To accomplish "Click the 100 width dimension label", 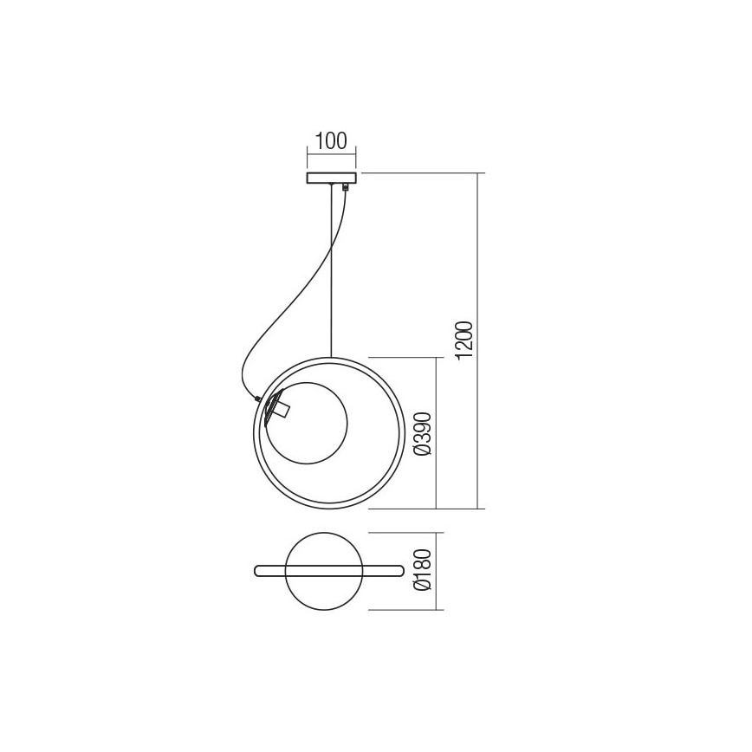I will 331,140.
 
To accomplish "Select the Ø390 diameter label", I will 422,432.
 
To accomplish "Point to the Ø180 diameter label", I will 422,571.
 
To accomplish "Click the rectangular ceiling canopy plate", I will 331,178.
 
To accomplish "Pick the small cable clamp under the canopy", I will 346,187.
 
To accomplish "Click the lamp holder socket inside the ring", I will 278,406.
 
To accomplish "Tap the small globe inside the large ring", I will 312,425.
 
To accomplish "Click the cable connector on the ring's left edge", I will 257,398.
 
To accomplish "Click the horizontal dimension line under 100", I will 331,157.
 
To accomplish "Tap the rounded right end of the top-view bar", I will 399,571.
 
